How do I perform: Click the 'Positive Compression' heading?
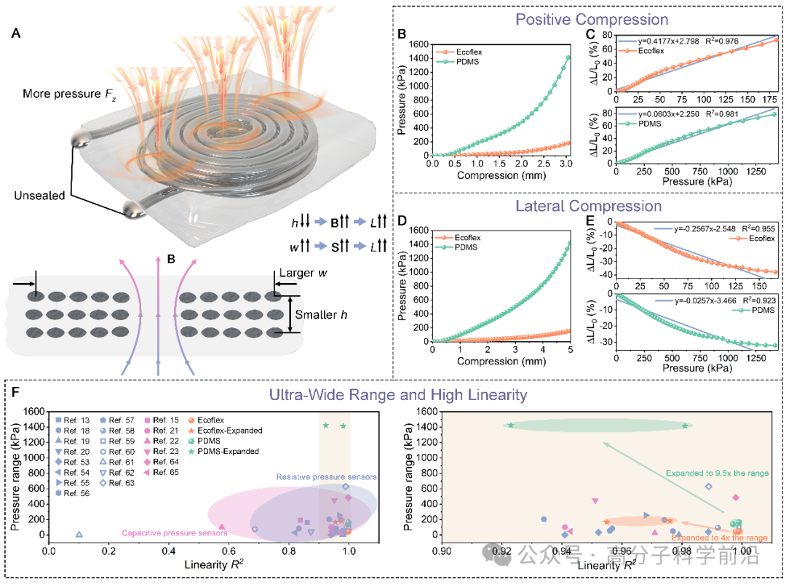pyautogui.click(x=589, y=20)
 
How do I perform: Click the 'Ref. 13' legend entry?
pyautogui.click(x=76, y=420)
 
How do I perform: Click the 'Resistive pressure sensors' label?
pyautogui.click(x=327, y=476)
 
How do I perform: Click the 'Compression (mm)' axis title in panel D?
pyautogui.click(x=501, y=362)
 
